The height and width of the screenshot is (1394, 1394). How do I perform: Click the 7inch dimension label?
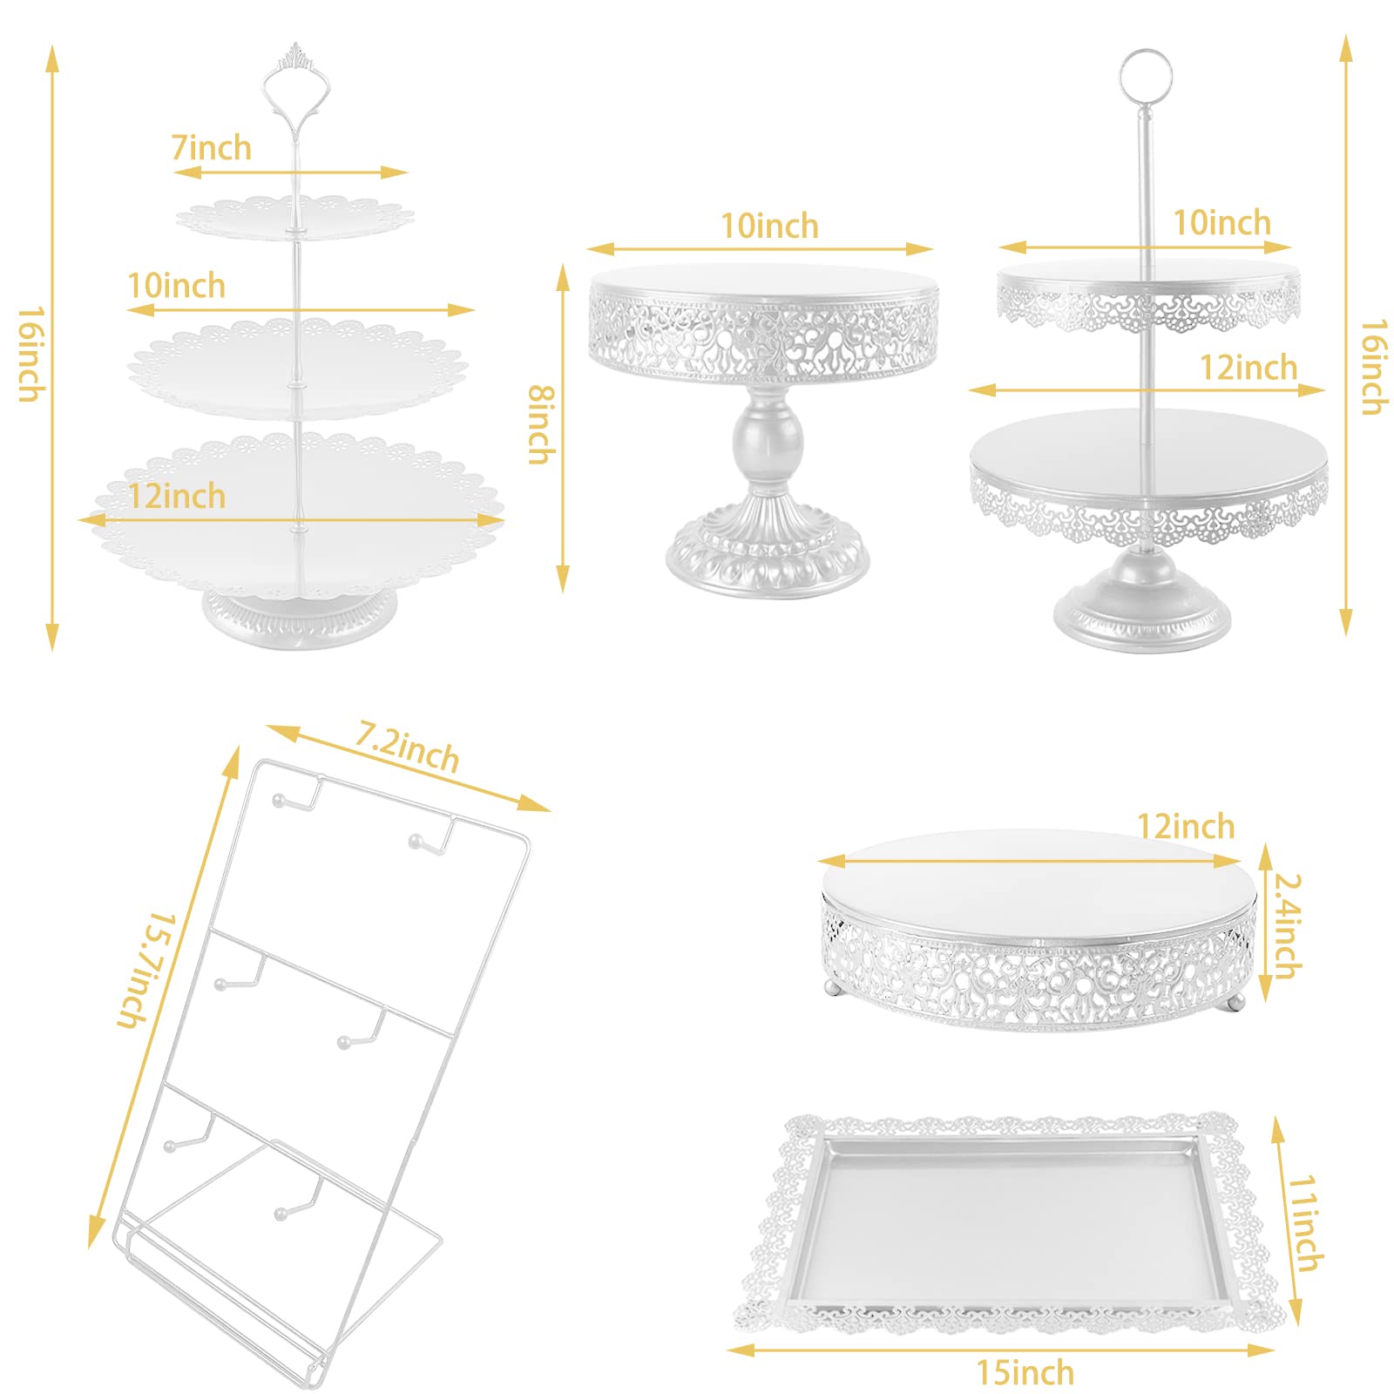212,148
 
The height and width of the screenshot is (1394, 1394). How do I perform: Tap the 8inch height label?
541,424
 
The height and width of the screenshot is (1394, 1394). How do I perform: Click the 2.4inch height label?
1288,925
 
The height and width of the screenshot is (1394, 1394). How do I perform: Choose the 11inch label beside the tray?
1305,1222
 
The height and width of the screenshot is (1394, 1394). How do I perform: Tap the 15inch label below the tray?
1025,1373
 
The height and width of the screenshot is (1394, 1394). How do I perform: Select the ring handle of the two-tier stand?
1146,75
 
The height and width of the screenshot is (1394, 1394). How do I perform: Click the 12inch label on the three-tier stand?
177,497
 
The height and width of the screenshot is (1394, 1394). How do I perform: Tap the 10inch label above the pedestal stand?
769,227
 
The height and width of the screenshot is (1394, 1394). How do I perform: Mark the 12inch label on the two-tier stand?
1249,368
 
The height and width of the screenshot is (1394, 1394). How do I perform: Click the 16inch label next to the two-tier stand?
1374,367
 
